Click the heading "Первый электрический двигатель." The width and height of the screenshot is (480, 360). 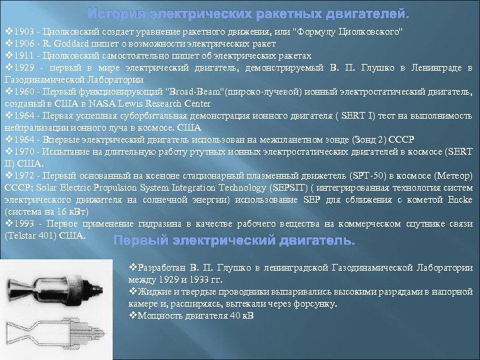pos(235,240)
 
